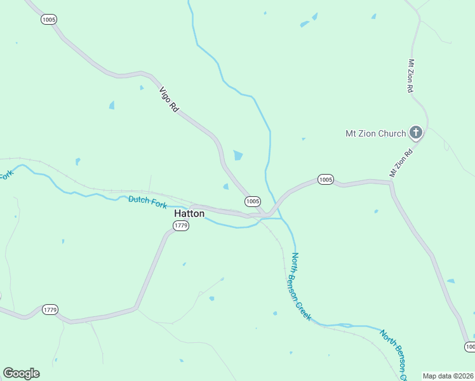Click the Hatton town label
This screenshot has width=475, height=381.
(189, 214)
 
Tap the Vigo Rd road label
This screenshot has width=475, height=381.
(169, 100)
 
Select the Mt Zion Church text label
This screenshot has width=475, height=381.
(375, 133)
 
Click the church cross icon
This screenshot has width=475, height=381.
(415, 133)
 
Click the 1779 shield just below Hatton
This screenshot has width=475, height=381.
(181, 226)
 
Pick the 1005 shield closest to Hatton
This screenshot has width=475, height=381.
(252, 201)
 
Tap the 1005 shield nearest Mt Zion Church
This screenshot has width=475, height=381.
(325, 180)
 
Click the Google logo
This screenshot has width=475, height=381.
(21, 373)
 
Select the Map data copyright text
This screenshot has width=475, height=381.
(448, 376)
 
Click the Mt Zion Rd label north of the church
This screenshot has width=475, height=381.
(411, 77)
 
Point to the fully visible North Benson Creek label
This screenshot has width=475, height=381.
(301, 286)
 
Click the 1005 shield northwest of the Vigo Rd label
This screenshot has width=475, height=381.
(49, 20)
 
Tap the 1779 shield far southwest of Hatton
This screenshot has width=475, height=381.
(50, 310)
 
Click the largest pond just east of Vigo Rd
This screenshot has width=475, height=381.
(238, 155)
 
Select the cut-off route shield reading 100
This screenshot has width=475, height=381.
(469, 347)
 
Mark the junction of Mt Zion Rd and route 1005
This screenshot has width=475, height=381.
(391, 182)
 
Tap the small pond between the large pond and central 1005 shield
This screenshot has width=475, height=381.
(225, 186)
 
